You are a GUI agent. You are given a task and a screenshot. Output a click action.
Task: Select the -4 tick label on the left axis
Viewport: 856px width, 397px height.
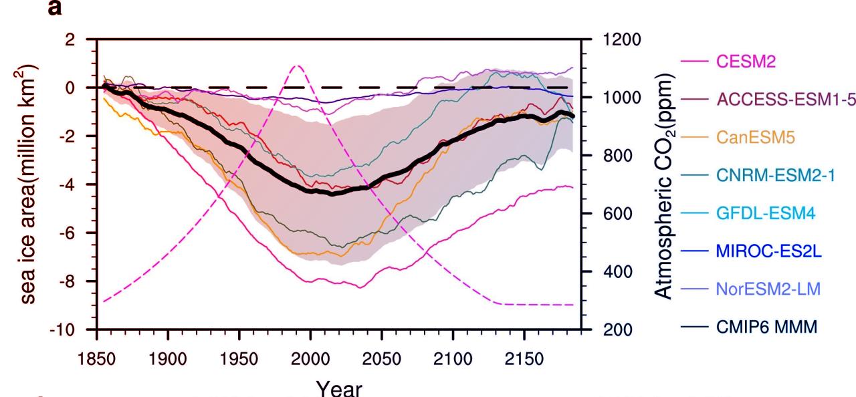(77, 184)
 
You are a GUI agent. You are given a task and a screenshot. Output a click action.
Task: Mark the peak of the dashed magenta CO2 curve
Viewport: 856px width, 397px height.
(298, 65)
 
